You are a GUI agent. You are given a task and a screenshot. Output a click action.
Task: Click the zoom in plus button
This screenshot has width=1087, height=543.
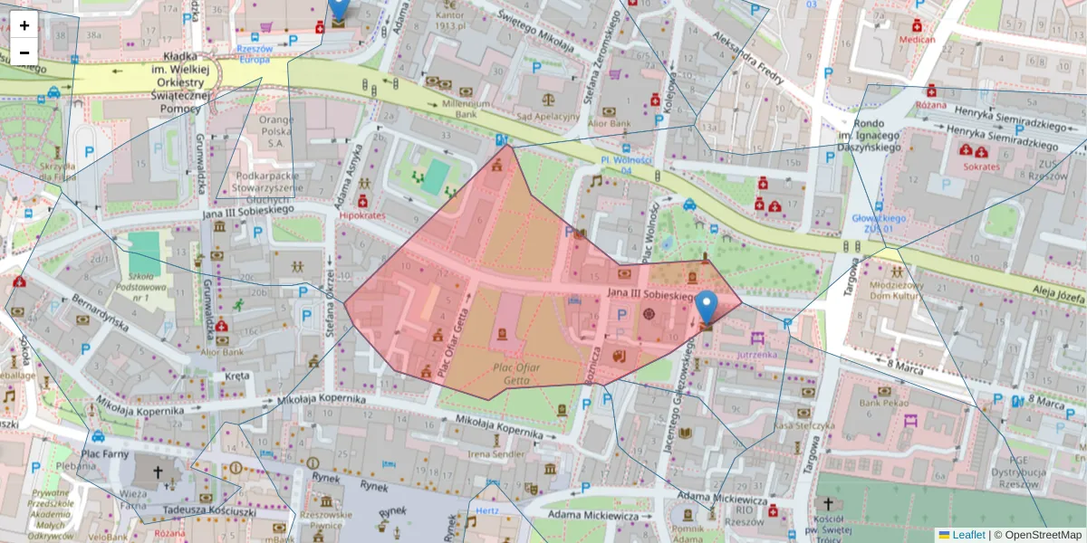coord(24,25)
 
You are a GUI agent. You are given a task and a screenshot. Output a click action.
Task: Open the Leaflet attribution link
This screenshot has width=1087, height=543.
coord(967,535)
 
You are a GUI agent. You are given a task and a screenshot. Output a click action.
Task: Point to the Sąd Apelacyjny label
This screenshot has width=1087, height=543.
coord(547,116)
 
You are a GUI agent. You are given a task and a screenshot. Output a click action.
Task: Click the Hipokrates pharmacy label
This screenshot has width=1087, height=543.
coord(362,216)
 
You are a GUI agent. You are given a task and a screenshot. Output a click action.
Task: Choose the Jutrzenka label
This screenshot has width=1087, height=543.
coord(757,355)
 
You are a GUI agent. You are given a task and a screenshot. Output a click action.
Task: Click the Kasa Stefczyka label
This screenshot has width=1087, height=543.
coord(803,424)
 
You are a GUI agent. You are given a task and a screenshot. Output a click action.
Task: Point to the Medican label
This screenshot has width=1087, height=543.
coord(917,40)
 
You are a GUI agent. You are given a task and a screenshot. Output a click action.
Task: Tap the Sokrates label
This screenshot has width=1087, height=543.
coord(982,167)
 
